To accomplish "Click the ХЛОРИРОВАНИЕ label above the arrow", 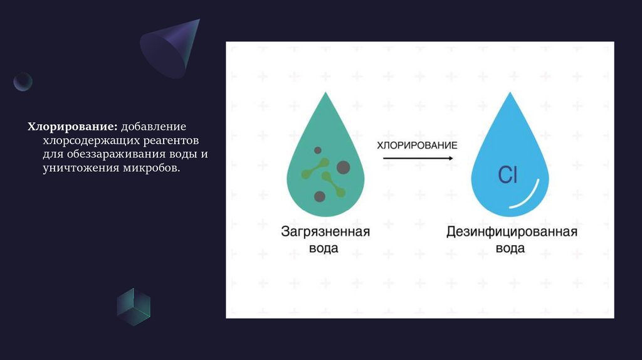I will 416,145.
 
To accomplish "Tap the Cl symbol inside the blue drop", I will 507,176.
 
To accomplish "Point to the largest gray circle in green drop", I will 343,167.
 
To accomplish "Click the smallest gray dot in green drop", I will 317,151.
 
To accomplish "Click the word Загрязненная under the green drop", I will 325,232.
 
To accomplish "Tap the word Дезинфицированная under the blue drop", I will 511,232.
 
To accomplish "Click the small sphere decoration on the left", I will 23,82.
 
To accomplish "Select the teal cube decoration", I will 134,307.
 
